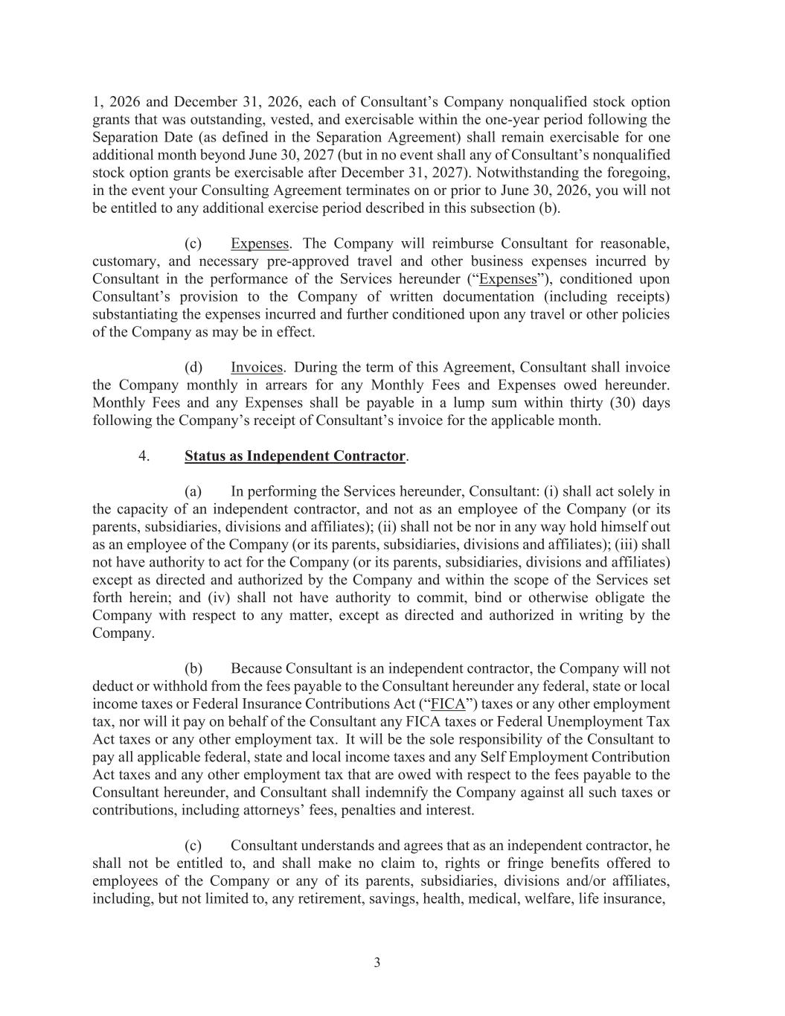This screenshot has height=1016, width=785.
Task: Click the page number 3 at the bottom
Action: tap(377, 963)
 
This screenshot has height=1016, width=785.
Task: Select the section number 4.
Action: tap(143, 456)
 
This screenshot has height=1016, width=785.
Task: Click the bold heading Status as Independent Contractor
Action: tap(295, 456)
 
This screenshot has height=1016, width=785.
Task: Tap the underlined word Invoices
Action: tap(257, 368)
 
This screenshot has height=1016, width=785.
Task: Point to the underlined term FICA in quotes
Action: tap(448, 704)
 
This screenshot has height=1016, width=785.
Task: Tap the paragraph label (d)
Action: tap(193, 368)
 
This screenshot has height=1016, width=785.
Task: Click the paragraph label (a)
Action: tap(193, 491)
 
